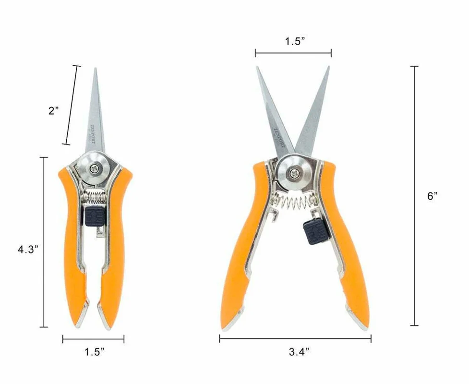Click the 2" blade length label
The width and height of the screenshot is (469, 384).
click(54, 111)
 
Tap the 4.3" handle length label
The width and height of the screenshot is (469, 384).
click(28, 250)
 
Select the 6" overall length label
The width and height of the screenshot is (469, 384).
click(432, 196)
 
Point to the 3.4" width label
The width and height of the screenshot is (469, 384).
click(299, 352)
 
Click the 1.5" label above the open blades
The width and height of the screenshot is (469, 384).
click(295, 42)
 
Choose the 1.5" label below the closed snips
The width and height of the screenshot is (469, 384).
click(94, 352)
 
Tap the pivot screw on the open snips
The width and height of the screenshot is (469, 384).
click(294, 173)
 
